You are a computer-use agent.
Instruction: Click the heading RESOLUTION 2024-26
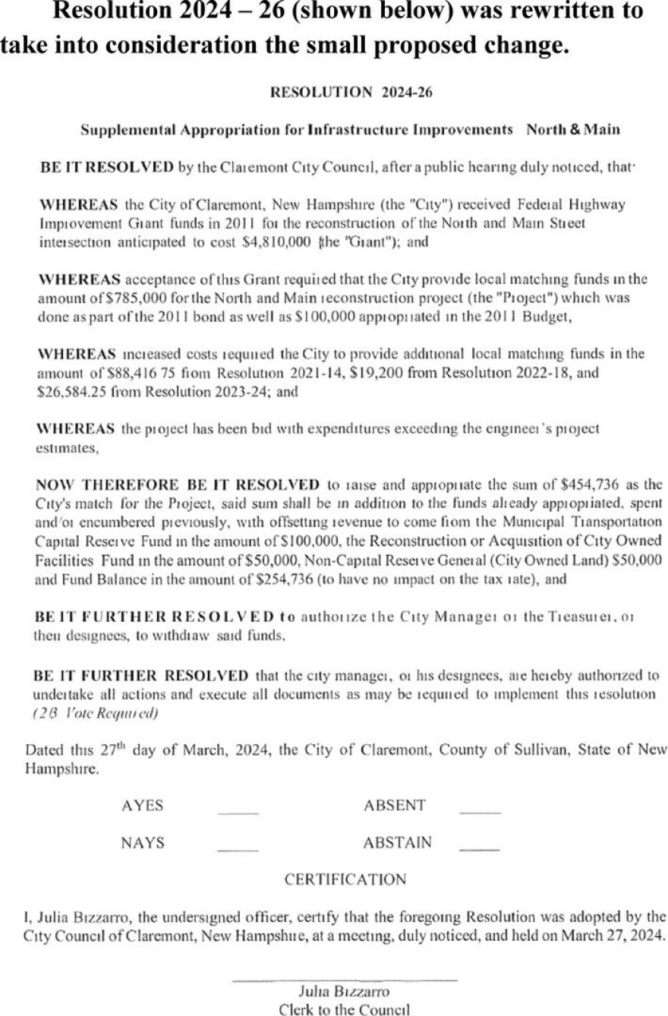(351, 93)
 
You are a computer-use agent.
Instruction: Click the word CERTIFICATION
(345, 879)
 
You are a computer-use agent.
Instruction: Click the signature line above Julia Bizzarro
(345, 978)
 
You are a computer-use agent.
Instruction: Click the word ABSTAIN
(397, 842)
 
